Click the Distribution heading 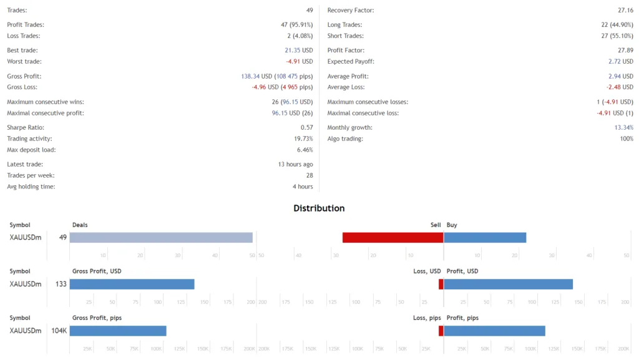(x=319, y=208)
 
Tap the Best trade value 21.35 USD (x=299, y=51)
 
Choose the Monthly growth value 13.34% (x=623, y=128)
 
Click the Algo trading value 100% (x=626, y=139)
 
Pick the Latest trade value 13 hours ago (x=295, y=165)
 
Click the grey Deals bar (x=161, y=238)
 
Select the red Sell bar (x=393, y=238)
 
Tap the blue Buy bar (x=485, y=238)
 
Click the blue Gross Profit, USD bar (x=132, y=285)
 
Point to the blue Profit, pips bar (x=494, y=331)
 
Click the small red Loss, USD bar (x=441, y=285)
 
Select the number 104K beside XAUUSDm (x=59, y=331)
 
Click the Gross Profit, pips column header (x=97, y=318)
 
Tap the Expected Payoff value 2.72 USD (x=620, y=62)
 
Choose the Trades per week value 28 (x=309, y=176)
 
